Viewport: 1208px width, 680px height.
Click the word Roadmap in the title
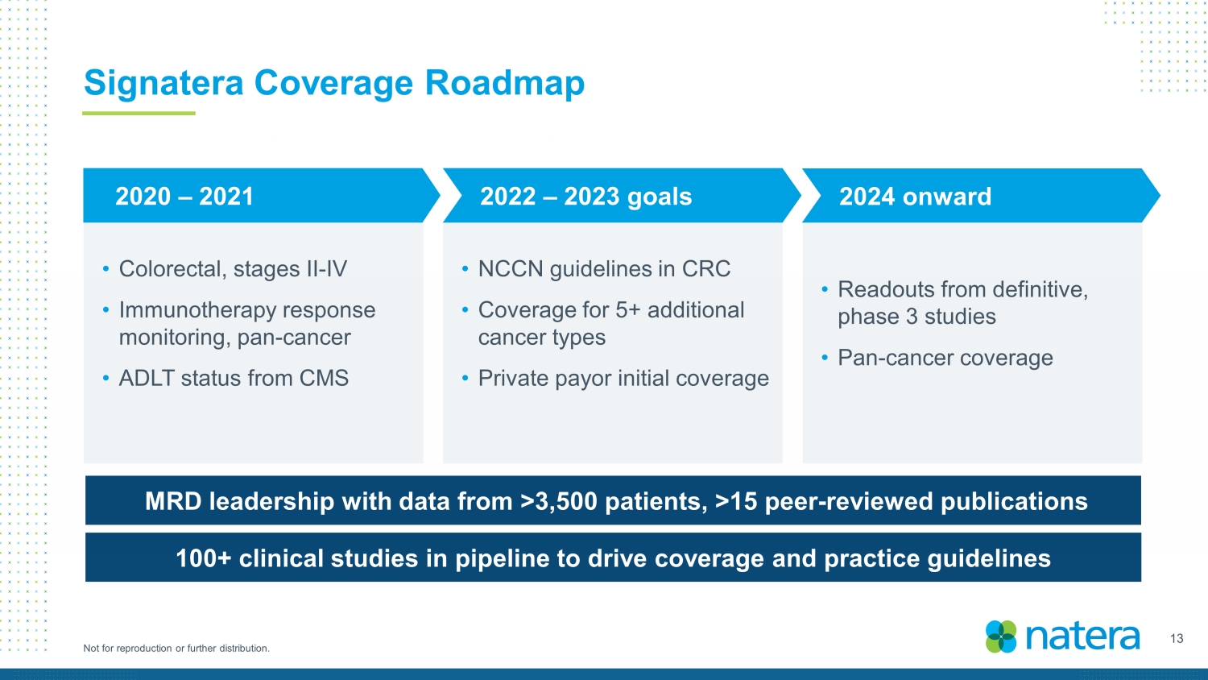[x=505, y=83]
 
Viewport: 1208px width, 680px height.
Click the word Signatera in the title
[x=163, y=84]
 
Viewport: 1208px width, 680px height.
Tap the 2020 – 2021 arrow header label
[x=184, y=197]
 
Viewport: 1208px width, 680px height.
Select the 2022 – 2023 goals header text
[x=585, y=197]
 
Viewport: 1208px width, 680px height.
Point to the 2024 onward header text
[x=915, y=197]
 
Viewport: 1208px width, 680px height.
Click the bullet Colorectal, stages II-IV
[x=233, y=269]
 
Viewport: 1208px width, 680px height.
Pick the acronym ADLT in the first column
[x=146, y=379]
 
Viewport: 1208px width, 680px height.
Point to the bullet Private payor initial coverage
[x=623, y=379]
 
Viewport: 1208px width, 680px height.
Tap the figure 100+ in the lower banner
[x=204, y=558]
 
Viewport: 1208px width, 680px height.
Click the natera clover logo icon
[x=1001, y=636]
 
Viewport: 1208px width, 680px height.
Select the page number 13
[x=1177, y=639]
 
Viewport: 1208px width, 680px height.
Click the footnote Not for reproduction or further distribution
[x=176, y=648]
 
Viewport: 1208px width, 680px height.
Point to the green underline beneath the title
[x=139, y=114]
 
